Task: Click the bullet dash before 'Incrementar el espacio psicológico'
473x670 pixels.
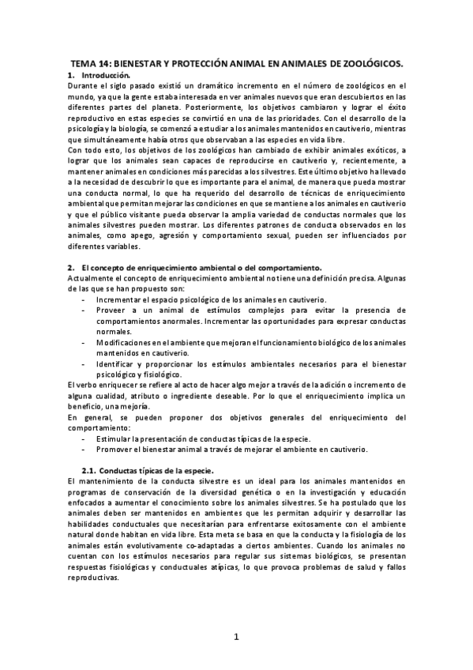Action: click(84, 299)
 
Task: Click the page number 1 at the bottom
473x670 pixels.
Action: click(236, 638)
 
